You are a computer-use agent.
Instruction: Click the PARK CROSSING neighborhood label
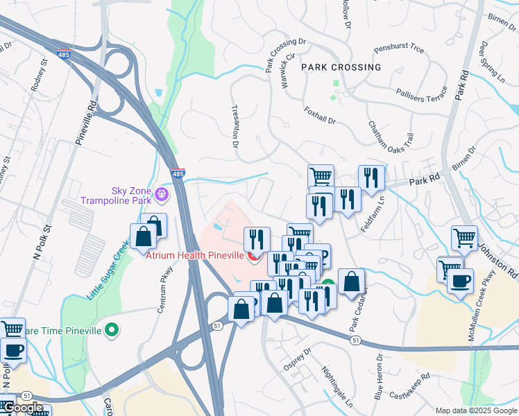click(341, 67)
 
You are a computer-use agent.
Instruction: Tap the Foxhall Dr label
click(320, 115)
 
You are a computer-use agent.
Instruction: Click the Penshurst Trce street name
click(398, 50)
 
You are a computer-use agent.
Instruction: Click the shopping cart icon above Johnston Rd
click(464, 237)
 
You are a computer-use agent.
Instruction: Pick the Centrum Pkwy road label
click(164, 287)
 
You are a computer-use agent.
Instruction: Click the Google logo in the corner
click(23, 407)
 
